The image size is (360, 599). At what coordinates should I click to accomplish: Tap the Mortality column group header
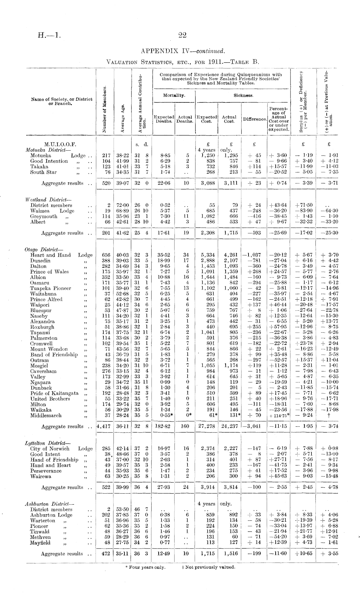(174, 95)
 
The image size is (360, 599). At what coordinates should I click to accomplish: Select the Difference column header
(254, 119)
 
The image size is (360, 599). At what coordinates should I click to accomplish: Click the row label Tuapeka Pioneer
(50, 288)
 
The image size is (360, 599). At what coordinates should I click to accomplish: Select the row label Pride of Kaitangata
(54, 393)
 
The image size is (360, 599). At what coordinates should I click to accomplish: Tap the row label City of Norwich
(50, 448)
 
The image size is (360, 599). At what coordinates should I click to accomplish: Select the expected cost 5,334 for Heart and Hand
(207, 255)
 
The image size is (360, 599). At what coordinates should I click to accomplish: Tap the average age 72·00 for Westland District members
(122, 205)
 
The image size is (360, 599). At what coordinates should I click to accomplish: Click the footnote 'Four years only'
(145, 567)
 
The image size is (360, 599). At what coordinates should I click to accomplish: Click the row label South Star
(43, 172)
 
